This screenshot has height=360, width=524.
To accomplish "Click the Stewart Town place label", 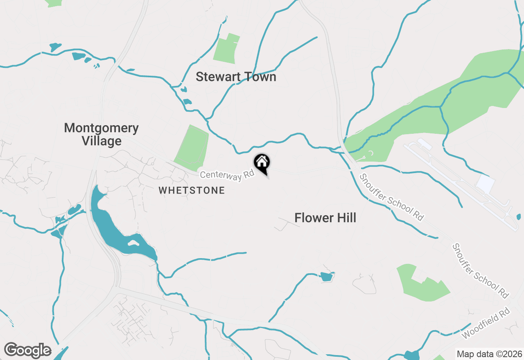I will point(236,77).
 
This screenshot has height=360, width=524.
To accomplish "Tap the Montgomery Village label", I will point(101,134).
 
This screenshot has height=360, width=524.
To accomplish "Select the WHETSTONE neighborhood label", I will point(192,190).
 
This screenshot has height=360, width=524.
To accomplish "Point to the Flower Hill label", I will point(325,218).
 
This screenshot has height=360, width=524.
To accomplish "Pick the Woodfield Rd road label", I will point(486,323).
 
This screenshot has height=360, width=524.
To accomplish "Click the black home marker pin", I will point(262,163).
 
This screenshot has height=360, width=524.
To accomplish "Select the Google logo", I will point(27,350).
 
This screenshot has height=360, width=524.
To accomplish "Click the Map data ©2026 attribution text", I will point(489,354).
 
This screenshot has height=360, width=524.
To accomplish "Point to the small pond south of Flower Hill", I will point(326,277).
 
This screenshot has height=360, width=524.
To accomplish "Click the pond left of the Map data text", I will point(411,355).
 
